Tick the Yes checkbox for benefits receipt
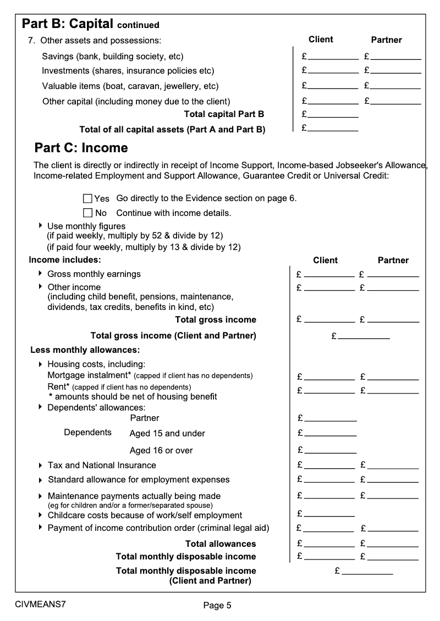click(x=87, y=198)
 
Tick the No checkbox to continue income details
click(x=87, y=213)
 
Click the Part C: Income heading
click(x=81, y=148)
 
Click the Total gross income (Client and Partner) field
click(x=364, y=335)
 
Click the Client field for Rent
click(x=329, y=391)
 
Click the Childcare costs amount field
click(x=329, y=514)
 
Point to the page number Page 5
click(x=217, y=606)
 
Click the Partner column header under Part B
click(x=387, y=40)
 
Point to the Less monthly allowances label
click(x=85, y=350)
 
